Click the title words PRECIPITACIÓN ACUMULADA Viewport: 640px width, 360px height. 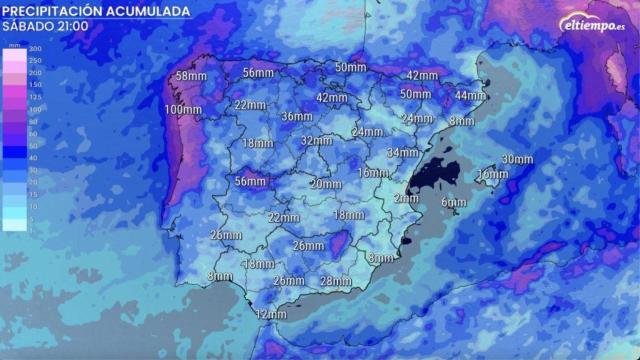pyautogui.click(x=96, y=10)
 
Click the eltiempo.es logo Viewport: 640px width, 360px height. pyautogui.click(x=592, y=23)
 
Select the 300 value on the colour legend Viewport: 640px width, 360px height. pyautogui.click(x=35, y=49)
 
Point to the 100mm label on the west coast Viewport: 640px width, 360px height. pyautogui.click(x=184, y=109)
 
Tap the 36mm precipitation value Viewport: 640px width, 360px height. pyautogui.click(x=297, y=117)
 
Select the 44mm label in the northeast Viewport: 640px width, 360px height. pyautogui.click(x=469, y=96)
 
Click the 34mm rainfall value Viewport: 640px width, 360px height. pyautogui.click(x=402, y=153)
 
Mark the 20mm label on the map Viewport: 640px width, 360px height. pyautogui.click(x=325, y=184)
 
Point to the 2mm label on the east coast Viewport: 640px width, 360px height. pyautogui.click(x=406, y=198)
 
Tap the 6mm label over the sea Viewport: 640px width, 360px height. pyautogui.click(x=454, y=203)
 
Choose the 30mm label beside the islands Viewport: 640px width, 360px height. pyautogui.click(x=517, y=160)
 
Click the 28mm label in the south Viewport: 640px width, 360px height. pyautogui.click(x=335, y=281)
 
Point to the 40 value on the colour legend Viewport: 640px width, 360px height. pyautogui.click(x=35, y=158)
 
